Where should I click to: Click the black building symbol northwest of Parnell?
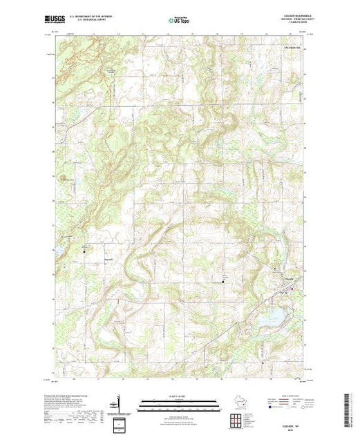pyautogui.click(x=85, y=251)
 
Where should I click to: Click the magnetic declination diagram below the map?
pyautogui.click(x=118, y=404)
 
